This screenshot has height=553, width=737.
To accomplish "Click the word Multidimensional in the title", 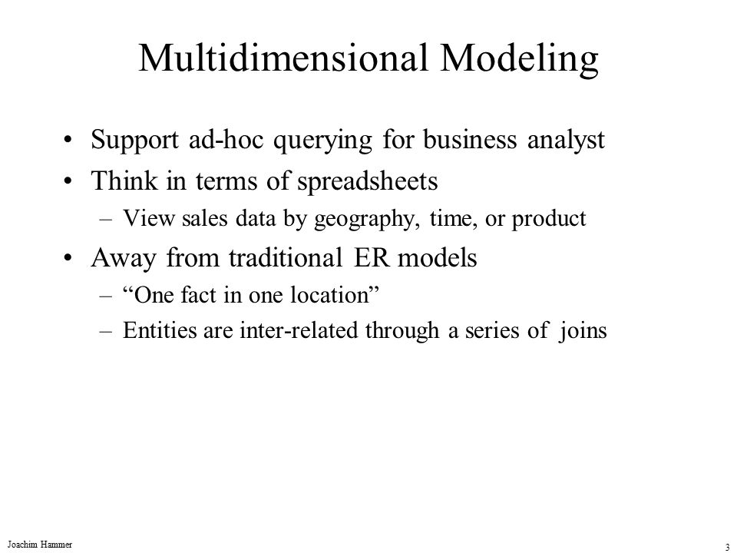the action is click(283, 58).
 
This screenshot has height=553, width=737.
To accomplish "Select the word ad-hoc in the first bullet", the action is click(226, 140).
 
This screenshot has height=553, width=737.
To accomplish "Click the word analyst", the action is click(566, 141).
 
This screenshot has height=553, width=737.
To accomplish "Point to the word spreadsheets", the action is click(368, 182).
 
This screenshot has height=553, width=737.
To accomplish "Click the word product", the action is click(548, 219).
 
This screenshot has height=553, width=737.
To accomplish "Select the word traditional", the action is click(286, 258).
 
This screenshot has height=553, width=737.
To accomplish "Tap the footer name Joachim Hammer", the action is click(40, 545).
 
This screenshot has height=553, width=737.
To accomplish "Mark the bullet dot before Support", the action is click(68, 140).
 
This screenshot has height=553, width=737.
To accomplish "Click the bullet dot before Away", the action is click(68, 258).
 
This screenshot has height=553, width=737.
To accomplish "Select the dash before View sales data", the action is click(106, 220).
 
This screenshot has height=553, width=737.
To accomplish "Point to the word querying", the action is click(322, 141).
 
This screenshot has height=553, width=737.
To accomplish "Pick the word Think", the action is click(124, 181).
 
